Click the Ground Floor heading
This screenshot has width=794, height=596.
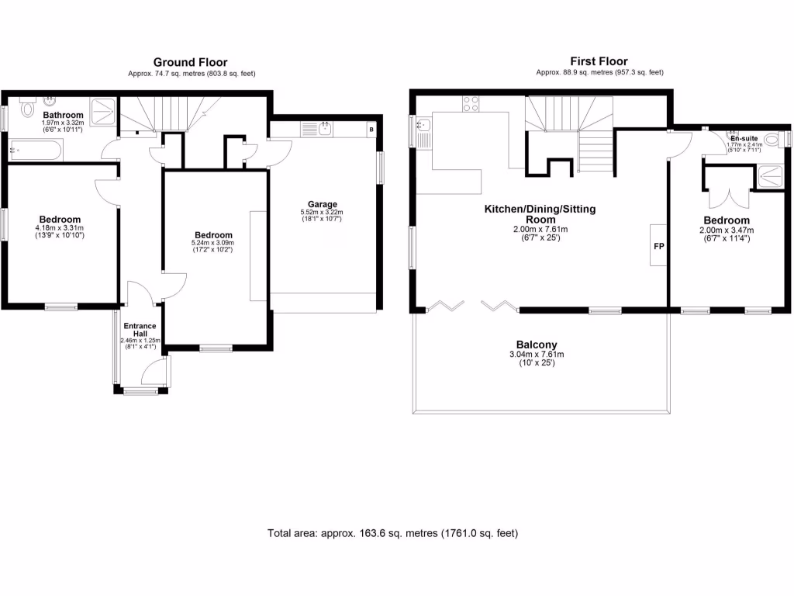(191, 62)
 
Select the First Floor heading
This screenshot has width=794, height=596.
(599, 61)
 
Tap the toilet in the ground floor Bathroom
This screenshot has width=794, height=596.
(27, 107)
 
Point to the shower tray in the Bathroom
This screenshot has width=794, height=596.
(102, 110)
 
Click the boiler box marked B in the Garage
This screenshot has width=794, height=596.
(372, 129)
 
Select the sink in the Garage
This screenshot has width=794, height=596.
(325, 128)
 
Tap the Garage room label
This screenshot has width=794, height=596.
(321, 205)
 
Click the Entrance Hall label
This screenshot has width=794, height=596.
(139, 330)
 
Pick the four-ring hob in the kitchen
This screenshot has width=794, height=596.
(471, 103)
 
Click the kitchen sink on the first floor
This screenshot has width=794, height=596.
(424, 127)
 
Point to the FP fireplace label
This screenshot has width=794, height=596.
(658, 245)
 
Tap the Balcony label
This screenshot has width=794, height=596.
(537, 345)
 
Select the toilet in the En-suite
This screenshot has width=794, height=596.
(772, 140)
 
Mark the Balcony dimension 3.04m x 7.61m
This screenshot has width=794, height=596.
(537, 354)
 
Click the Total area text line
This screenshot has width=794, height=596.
(392, 533)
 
